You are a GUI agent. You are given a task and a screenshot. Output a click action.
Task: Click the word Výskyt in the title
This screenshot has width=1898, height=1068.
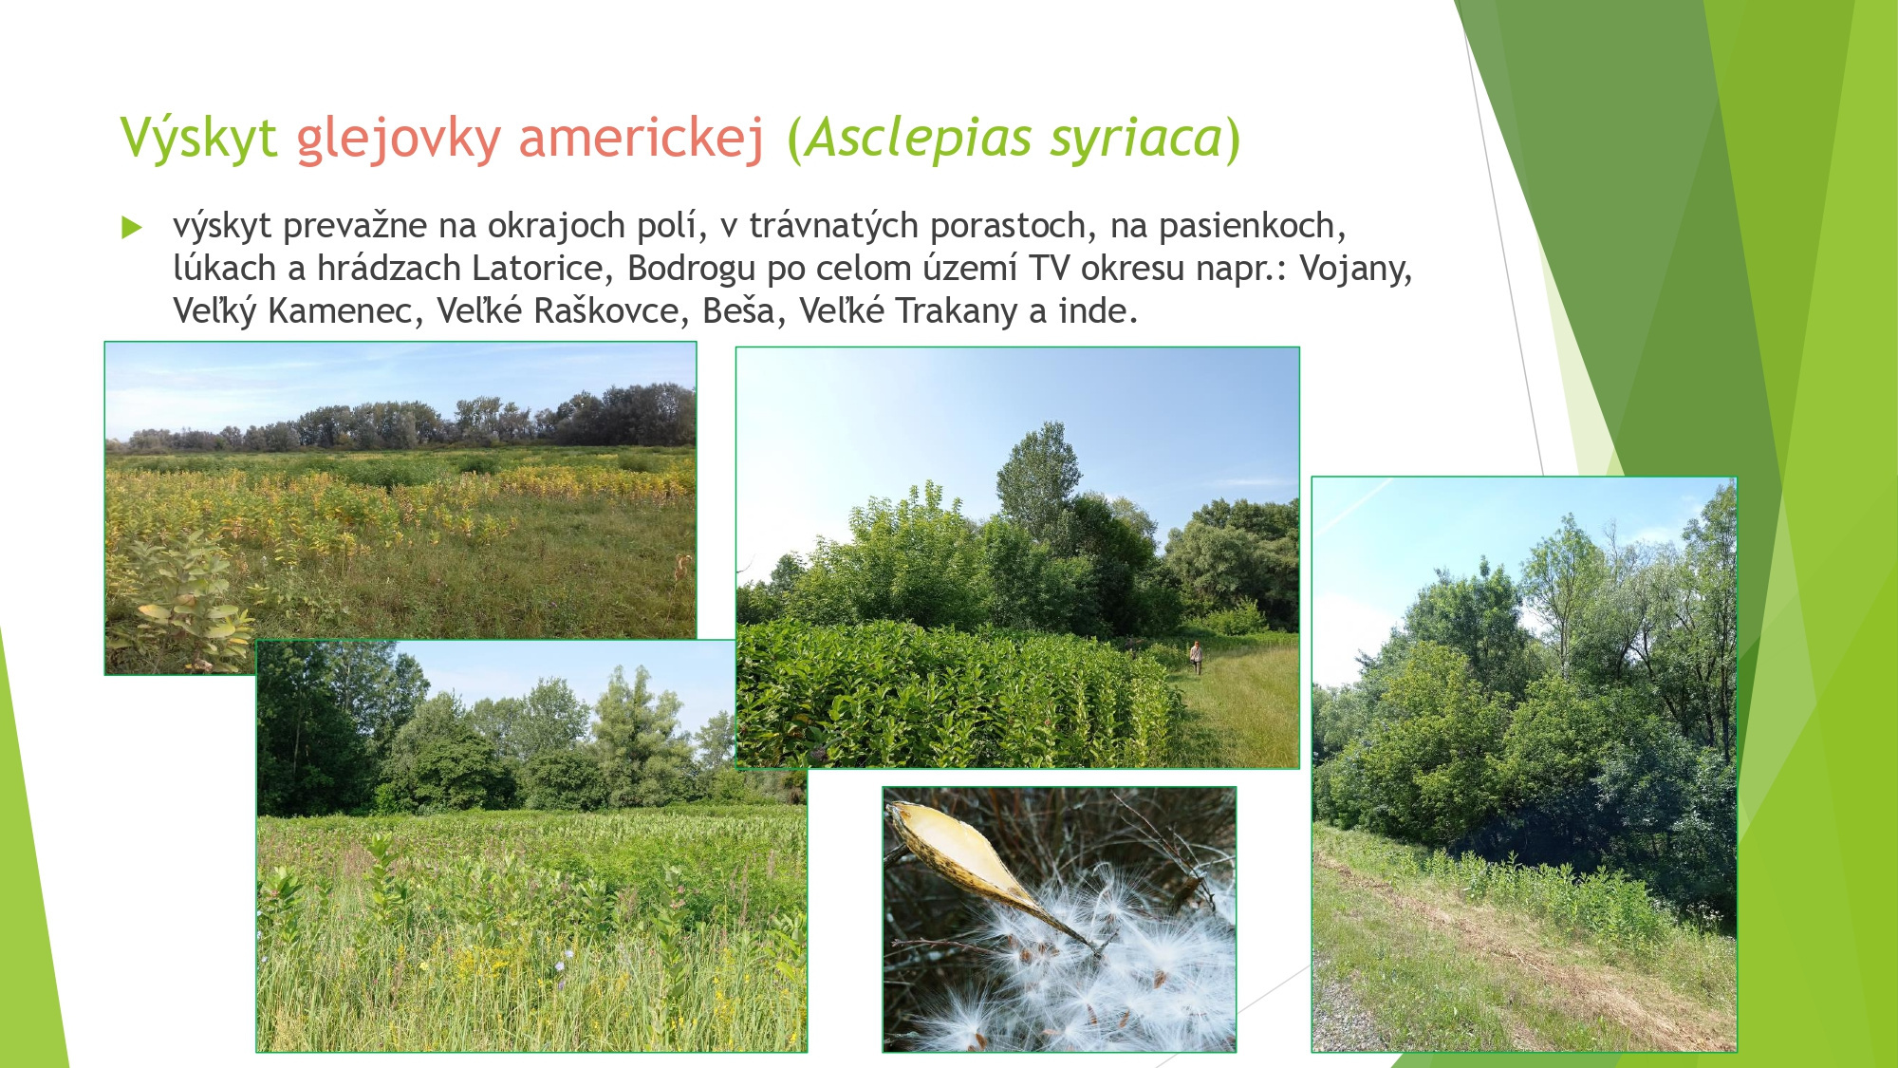[x=198, y=139]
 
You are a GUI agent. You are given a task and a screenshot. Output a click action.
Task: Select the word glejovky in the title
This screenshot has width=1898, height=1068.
[x=399, y=139]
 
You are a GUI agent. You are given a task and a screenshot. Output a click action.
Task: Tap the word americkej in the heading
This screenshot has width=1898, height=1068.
[x=641, y=139]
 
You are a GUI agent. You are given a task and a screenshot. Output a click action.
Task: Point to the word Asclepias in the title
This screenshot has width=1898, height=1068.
[x=919, y=139]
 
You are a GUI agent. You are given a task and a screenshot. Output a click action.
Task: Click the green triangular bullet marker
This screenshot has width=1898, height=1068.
[x=132, y=227]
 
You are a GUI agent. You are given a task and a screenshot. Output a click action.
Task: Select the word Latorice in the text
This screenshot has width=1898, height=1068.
[x=537, y=269]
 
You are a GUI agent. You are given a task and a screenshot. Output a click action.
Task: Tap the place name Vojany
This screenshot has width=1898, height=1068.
[x=1355, y=269]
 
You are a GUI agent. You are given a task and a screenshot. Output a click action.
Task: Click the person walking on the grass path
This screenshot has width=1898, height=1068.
[x=1197, y=657]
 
